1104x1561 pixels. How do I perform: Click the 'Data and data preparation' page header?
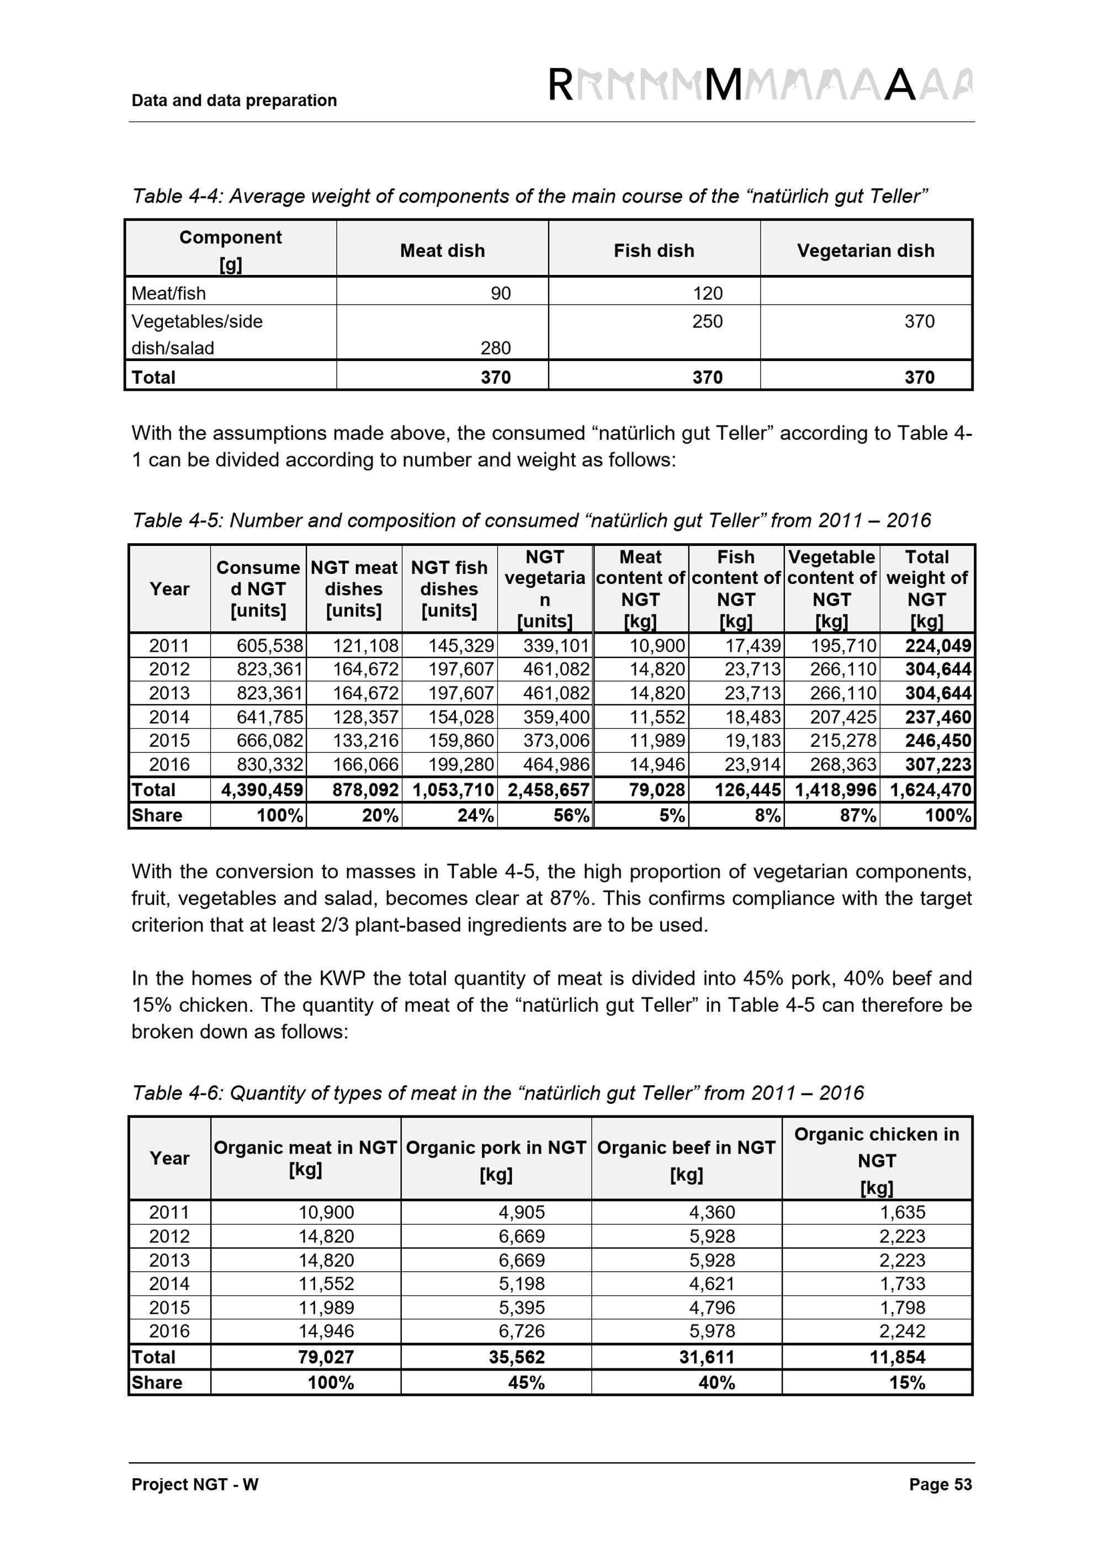(234, 100)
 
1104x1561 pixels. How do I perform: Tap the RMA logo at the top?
(760, 86)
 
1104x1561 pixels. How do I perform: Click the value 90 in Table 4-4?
(500, 294)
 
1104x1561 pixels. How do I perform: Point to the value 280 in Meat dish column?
(496, 348)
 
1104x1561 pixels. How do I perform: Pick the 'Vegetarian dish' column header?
(866, 251)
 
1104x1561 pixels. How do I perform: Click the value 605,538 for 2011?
(269, 645)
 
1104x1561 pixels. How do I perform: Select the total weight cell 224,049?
(938, 645)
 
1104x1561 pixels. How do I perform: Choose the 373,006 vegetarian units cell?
(556, 740)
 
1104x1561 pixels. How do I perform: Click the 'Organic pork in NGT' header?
(496, 1148)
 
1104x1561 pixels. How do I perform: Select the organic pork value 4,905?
(522, 1212)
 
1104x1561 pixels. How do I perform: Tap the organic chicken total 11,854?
(898, 1357)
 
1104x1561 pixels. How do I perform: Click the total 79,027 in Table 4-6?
(326, 1357)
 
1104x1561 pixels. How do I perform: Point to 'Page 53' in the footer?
(940, 1484)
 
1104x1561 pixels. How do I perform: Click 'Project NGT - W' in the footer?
(195, 1484)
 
